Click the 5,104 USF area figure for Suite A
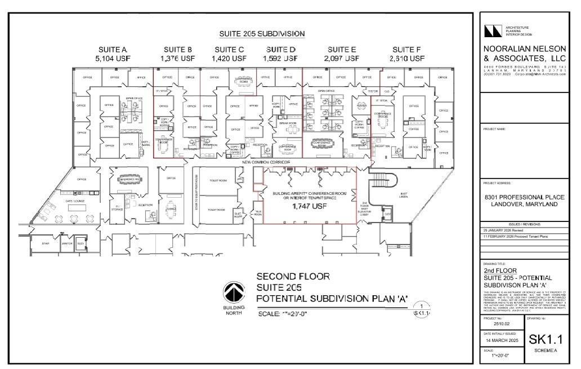click(113, 58)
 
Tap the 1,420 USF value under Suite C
click(229, 58)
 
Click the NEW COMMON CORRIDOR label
click(266, 162)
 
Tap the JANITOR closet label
click(66, 243)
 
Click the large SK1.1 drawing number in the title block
click(546, 339)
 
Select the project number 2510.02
click(501, 324)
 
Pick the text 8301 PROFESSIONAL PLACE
click(524, 197)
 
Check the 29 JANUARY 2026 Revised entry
click(503, 231)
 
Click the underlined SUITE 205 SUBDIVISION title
click(262, 34)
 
